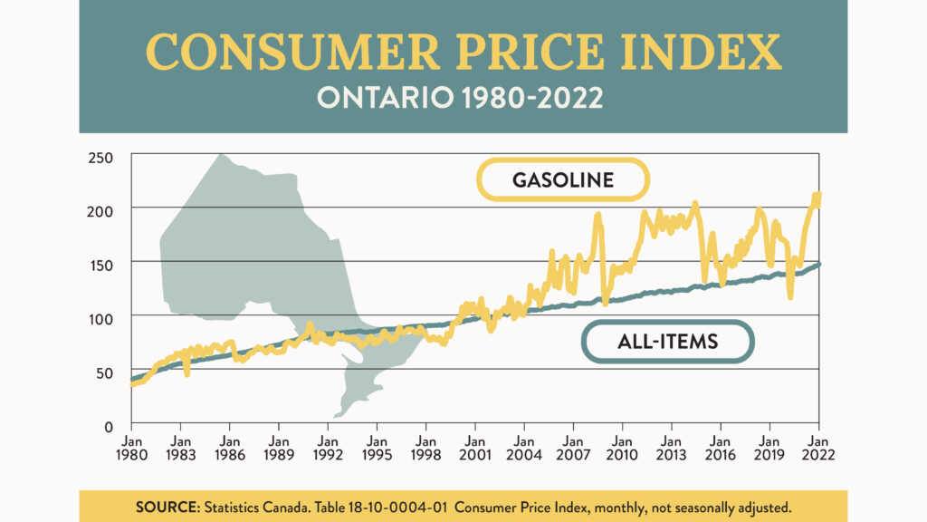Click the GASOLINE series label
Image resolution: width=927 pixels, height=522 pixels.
pyautogui.click(x=563, y=179)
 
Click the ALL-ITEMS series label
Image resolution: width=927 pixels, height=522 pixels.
pyautogui.click(x=667, y=342)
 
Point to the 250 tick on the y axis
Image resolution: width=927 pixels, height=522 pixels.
pyautogui.click(x=101, y=158)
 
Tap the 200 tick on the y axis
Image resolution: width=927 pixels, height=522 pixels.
pyautogui.click(x=101, y=210)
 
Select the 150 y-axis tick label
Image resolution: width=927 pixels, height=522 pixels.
pyautogui.click(x=101, y=265)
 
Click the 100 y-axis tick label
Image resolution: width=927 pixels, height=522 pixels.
pyautogui.click(x=101, y=318)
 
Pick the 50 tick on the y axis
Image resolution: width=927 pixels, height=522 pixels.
pyautogui.click(x=105, y=372)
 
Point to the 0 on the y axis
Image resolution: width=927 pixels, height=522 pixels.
pyautogui.click(x=109, y=426)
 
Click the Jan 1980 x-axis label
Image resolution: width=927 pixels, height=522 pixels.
pyautogui.click(x=131, y=448)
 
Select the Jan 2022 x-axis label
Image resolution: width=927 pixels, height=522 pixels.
pyautogui.click(x=819, y=448)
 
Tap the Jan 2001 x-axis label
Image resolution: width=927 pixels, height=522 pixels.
pyautogui.click(x=475, y=448)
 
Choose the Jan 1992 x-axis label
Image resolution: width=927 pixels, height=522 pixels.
pyautogui.click(x=328, y=448)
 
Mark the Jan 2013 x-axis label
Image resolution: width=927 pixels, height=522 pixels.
pyautogui.click(x=672, y=448)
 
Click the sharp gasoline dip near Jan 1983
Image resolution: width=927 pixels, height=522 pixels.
pyautogui.click(x=186, y=372)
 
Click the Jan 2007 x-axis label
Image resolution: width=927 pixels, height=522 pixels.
pyautogui.click(x=573, y=448)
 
